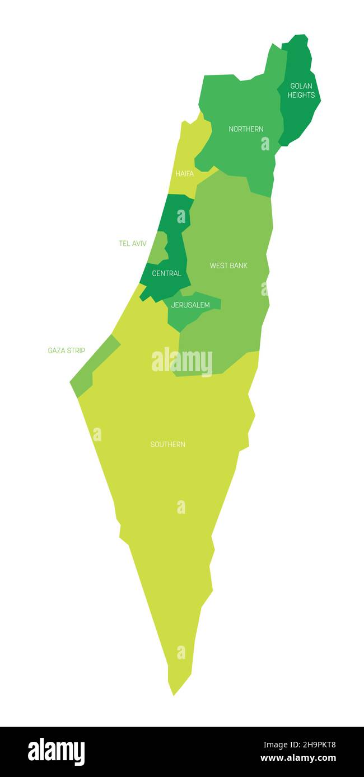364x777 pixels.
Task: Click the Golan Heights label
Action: (301, 91)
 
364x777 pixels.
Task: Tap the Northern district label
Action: (246, 129)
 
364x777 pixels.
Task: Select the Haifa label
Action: (185, 174)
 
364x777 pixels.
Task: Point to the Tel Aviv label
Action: (133, 244)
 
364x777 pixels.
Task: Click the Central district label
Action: (167, 273)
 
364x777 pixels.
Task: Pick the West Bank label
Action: (228, 266)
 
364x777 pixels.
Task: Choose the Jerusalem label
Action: (190, 305)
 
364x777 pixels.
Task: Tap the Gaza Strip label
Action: (67, 350)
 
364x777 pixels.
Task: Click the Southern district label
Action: (168, 444)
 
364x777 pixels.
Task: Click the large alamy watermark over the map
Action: (182, 362)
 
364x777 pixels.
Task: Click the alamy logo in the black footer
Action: (57, 752)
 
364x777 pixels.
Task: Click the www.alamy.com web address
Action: (298, 759)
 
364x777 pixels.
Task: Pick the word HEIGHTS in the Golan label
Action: (301, 95)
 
